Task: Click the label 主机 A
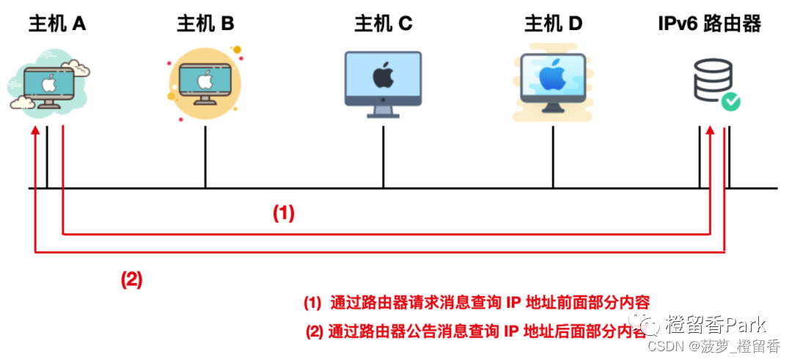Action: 57,24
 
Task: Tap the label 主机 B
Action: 205,24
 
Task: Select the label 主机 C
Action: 383,24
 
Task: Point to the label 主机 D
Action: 553,24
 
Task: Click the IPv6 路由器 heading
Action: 709,24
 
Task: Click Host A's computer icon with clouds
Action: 48,84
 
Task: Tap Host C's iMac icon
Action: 383,82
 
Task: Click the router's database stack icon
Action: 711,81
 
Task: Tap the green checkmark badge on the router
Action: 730,102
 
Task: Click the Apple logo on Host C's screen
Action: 382,75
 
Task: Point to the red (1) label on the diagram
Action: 284,213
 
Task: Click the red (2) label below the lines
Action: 131,280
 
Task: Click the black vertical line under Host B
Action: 205,158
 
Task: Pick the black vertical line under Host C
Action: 383,158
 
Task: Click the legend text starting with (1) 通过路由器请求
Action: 477,302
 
